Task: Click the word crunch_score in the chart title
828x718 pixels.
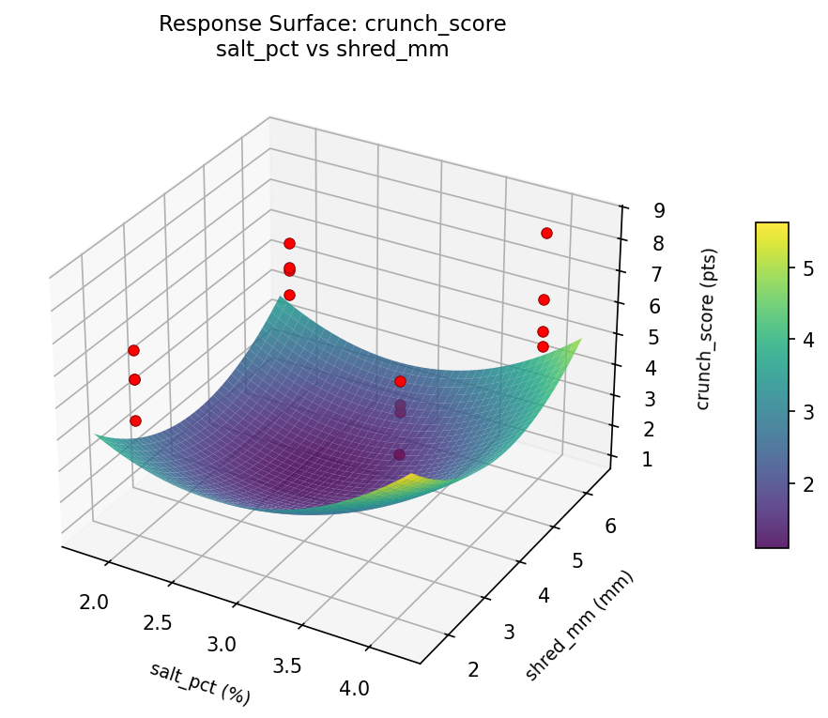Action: (449, 24)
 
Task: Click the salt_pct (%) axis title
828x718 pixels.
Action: (200, 683)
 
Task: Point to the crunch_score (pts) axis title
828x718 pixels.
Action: (710, 329)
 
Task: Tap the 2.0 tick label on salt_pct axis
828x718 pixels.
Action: (94, 602)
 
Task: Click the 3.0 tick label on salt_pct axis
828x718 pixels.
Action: (222, 644)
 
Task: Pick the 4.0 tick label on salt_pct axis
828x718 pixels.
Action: (354, 688)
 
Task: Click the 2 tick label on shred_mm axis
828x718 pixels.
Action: (472, 668)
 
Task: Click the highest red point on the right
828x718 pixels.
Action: (546, 233)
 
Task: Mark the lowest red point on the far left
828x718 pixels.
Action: (135, 420)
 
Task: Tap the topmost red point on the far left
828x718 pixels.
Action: (133, 350)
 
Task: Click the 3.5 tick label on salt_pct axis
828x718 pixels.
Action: (287, 665)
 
